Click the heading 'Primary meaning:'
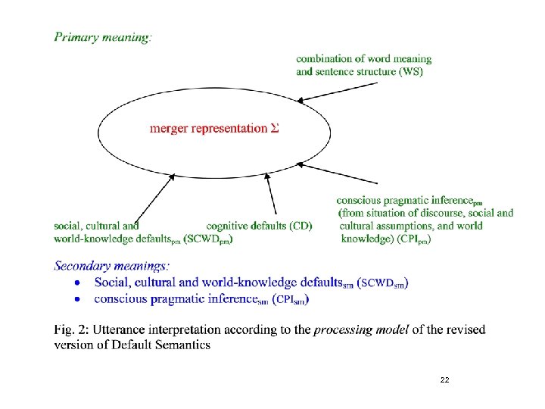click(103, 37)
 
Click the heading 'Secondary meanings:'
click(112, 266)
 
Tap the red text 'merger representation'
click(208, 128)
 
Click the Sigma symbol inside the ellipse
click(275, 128)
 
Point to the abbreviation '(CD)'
click(301, 226)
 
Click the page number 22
click(444, 379)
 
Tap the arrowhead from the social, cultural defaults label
click(172, 176)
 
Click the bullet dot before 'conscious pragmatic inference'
click(76, 299)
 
